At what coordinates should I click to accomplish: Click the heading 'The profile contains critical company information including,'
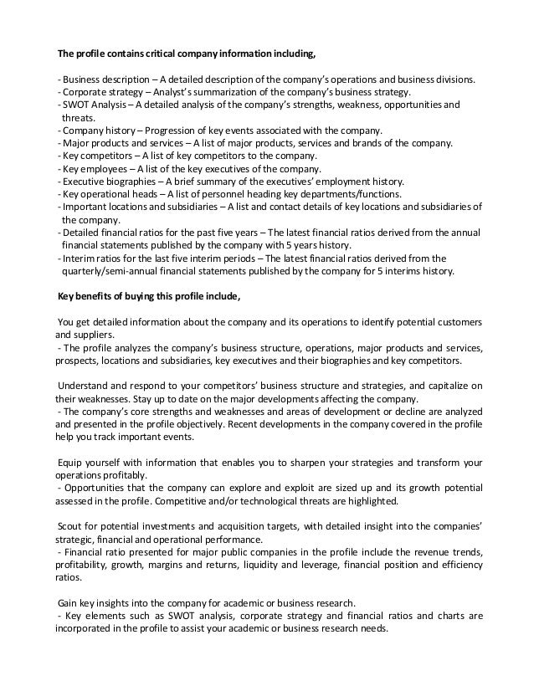click(x=187, y=55)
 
